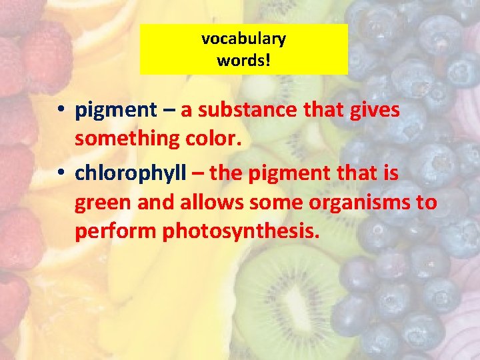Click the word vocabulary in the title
pos(243,39)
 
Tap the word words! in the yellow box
pos(243,60)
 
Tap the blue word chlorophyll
pos(131,173)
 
